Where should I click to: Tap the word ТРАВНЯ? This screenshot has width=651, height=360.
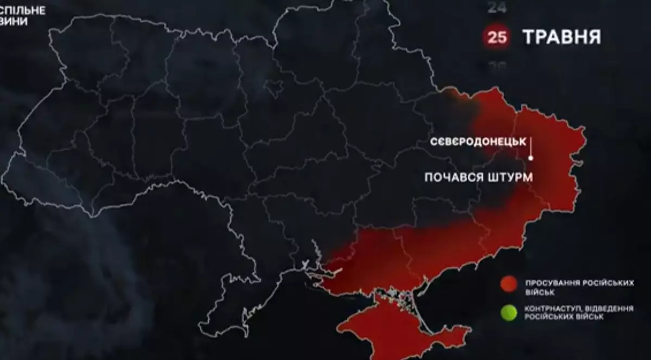click(561, 37)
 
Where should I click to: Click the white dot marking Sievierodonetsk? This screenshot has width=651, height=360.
click(531, 158)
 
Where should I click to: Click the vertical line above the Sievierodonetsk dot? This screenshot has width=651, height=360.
click(531, 146)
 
